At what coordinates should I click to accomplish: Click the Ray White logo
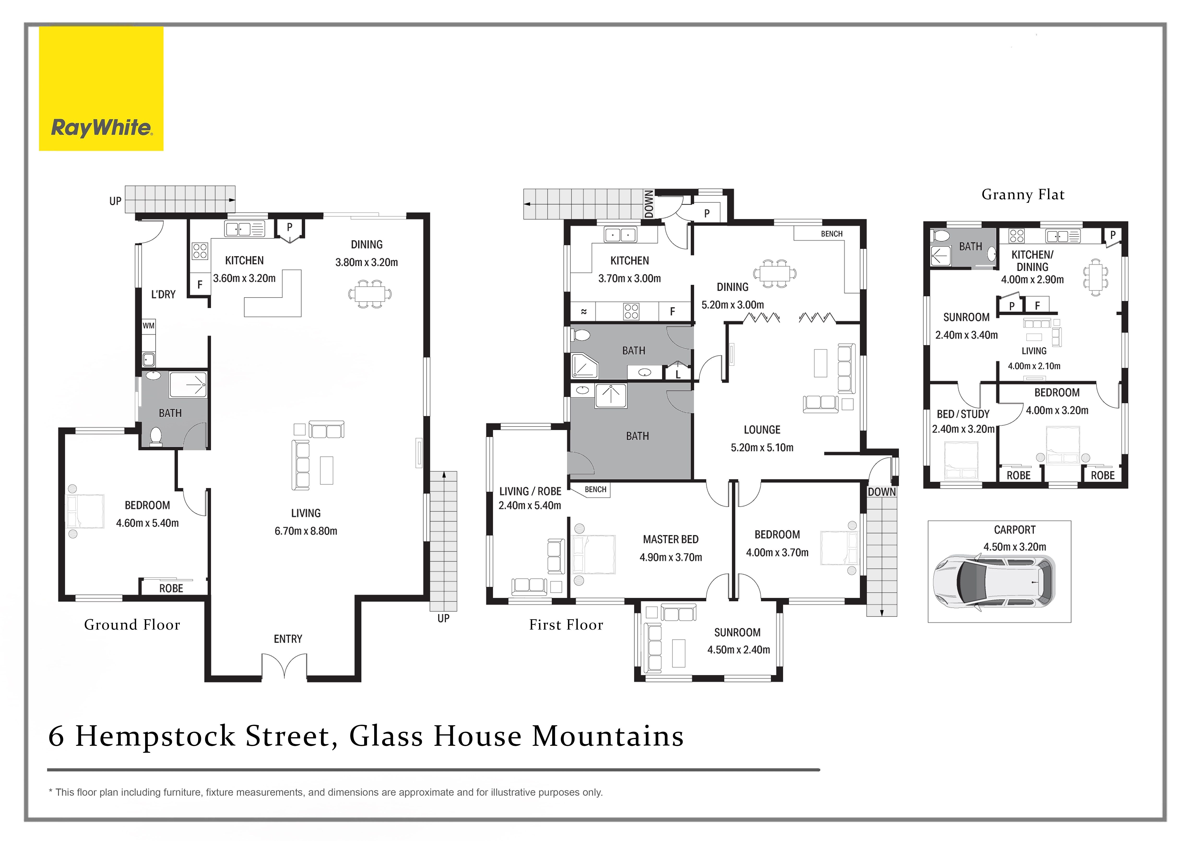coord(101,127)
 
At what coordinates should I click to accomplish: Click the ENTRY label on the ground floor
coord(288,639)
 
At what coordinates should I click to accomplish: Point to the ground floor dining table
coord(370,294)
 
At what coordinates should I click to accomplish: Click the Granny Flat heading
coord(1023,195)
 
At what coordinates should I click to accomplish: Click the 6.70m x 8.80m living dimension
coord(306,531)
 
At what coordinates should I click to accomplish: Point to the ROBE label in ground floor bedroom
coord(171,588)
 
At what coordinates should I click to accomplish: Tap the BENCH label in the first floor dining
coord(831,234)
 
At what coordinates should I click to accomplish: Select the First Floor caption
coord(566,625)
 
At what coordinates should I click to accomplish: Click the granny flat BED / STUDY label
coord(963,414)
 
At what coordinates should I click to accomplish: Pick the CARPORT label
coord(1014,530)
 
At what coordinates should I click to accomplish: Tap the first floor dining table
coord(774,273)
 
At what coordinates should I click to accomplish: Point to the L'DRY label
coord(163,295)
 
